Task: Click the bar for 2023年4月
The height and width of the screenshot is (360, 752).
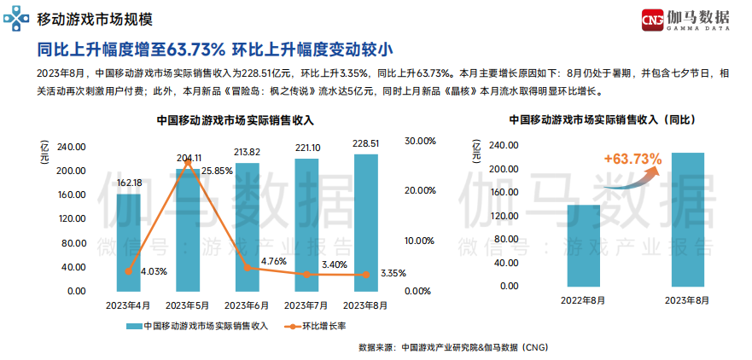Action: click(129, 243)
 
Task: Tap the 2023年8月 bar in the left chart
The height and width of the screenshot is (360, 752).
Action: click(365, 223)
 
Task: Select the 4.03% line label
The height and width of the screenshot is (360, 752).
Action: click(153, 271)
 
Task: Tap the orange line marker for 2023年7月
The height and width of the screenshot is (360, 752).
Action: click(306, 274)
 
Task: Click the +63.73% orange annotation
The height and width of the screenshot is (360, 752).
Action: click(632, 159)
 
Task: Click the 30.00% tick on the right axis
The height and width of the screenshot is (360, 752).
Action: click(421, 141)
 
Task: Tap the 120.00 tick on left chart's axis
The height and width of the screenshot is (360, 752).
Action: click(73, 219)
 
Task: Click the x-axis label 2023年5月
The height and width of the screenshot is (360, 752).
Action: click(188, 305)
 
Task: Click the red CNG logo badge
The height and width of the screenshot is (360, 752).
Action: click(653, 20)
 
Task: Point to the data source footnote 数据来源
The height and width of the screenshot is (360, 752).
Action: click(452, 347)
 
